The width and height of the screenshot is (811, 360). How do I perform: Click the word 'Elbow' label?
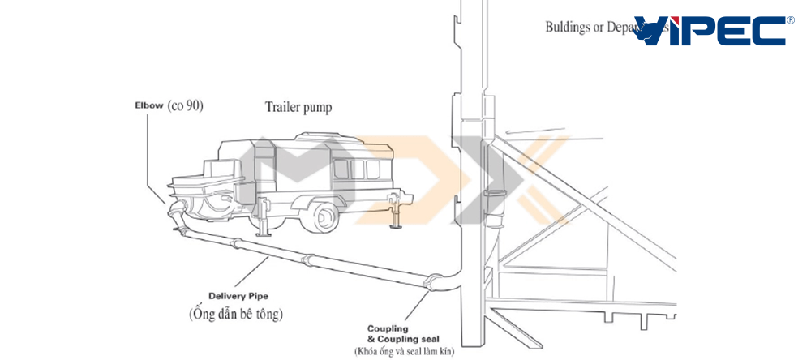point(149,106)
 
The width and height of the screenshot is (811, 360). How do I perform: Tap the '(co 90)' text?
point(185,106)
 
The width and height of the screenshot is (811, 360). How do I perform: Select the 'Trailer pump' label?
point(298,106)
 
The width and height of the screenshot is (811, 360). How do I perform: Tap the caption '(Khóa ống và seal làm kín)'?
point(404,351)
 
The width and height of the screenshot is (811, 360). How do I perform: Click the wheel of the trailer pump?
point(323,216)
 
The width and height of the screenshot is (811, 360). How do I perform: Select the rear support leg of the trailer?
point(398,216)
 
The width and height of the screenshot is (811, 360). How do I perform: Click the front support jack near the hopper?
point(265,219)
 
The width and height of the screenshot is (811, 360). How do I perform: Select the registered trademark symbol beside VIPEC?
point(791,19)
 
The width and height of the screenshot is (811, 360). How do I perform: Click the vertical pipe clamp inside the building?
point(490,192)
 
